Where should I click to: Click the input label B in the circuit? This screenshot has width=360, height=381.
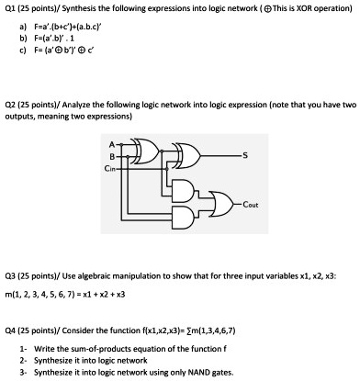point(111,154)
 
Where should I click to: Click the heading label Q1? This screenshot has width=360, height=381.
point(11,7)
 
